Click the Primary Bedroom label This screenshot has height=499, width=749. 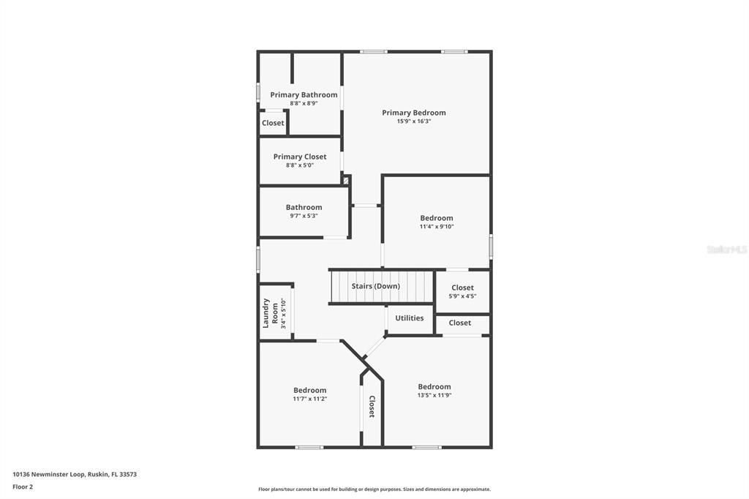click(x=413, y=113)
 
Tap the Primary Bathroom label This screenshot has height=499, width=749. click(x=304, y=94)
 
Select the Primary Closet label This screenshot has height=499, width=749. click(x=300, y=157)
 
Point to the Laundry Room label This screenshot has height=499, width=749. click(x=271, y=312)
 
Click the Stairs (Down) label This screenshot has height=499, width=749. click(x=375, y=286)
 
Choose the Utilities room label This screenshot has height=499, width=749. click(x=409, y=318)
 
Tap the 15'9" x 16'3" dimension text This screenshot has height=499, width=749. click(x=413, y=121)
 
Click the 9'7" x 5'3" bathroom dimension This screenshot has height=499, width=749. click(x=304, y=216)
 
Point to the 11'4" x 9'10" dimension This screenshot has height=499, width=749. click(x=436, y=227)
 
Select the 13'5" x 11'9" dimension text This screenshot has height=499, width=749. click(x=434, y=396)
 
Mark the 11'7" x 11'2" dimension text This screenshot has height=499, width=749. click(x=309, y=399)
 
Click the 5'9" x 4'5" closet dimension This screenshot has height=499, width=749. click(x=462, y=296)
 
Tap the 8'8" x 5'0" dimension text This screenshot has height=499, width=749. click(x=300, y=165)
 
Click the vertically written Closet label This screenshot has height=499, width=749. click(x=372, y=407)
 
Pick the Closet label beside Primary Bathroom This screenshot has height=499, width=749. click(x=273, y=123)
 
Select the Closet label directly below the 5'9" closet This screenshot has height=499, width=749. click(x=460, y=323)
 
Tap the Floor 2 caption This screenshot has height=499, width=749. click(x=23, y=487)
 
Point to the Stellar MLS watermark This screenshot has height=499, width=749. click(x=726, y=249)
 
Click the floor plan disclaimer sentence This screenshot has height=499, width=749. click(x=374, y=489)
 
